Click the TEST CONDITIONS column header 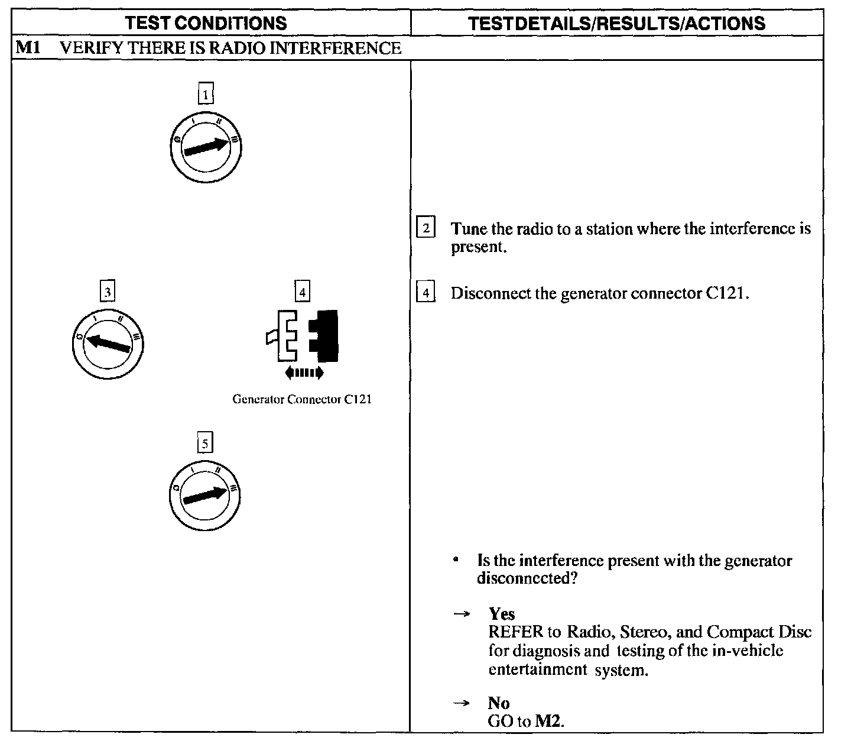[x=206, y=23]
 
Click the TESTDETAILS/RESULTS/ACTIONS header [x=616, y=23]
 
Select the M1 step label [x=28, y=47]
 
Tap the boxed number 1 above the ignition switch [x=205, y=94]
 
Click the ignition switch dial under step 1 [x=205, y=145]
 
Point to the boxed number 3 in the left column [x=107, y=292]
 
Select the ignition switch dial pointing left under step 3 [x=107, y=343]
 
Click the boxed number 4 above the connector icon [x=302, y=292]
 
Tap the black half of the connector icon [x=326, y=335]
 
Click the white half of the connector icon [x=287, y=335]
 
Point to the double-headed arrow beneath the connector [x=304, y=372]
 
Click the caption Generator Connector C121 [x=302, y=399]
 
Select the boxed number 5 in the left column [x=204, y=443]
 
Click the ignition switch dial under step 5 [x=204, y=494]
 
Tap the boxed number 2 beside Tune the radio [x=425, y=228]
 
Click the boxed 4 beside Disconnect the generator [x=425, y=293]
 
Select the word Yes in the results [x=502, y=614]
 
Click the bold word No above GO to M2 [x=499, y=703]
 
